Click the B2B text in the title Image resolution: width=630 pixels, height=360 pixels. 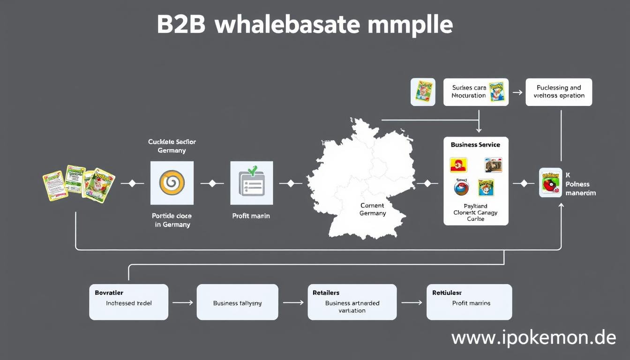coord(181,24)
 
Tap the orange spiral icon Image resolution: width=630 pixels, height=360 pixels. coord(172,183)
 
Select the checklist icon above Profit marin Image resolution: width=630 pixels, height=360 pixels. coord(252,183)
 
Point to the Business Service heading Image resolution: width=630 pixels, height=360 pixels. coord(475,145)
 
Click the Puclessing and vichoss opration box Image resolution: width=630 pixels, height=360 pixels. coord(559,92)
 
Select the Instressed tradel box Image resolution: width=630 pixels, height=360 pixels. coord(128,302)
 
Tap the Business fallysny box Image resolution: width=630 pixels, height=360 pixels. coord(237,303)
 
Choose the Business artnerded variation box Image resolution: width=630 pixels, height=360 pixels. coord(352,302)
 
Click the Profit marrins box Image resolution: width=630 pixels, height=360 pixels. coord(469,302)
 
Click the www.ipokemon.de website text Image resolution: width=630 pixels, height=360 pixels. coord(533,337)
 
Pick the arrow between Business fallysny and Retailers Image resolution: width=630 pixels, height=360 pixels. coord(293,303)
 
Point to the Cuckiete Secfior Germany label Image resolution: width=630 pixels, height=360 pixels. coord(172,146)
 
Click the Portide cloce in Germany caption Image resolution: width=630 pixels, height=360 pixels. coord(172,220)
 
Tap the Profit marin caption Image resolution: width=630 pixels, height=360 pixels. coord(251,216)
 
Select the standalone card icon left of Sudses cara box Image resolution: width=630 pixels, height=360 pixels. coord(423,92)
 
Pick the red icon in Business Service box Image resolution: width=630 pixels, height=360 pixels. coord(458,165)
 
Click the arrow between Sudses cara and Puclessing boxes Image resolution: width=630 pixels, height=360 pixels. coord(517,92)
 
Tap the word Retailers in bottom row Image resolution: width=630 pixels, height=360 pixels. coord(326,292)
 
